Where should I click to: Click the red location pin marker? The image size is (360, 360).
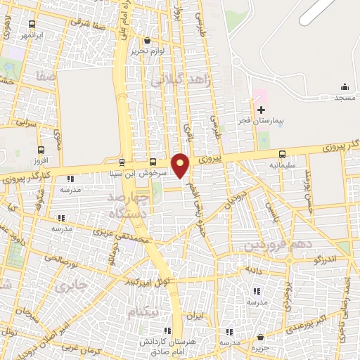click(x=181, y=165)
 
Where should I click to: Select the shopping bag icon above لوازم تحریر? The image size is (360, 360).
click(x=146, y=40)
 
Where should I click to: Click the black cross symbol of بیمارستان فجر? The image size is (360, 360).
click(x=262, y=110)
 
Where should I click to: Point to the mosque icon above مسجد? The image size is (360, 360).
click(x=345, y=87)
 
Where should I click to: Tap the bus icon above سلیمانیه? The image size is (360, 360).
click(x=282, y=154)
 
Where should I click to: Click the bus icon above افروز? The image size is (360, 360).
click(x=41, y=150)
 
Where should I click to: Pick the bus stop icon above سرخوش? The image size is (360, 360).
click(x=153, y=160)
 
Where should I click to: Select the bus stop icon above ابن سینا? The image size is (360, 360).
click(x=122, y=160)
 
